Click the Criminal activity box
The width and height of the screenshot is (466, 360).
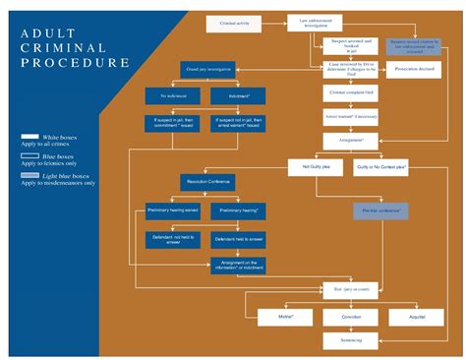pyautogui.click(x=234, y=21)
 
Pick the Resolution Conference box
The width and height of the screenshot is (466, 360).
pyautogui.click(x=206, y=181)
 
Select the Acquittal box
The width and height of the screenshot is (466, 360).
pyautogui.click(x=405, y=317)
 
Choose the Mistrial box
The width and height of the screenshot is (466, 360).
pyautogui.click(x=288, y=317)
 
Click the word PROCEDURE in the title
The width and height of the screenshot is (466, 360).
pyautogui.click(x=75, y=62)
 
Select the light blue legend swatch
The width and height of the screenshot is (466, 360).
pyautogui.click(x=30, y=174)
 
